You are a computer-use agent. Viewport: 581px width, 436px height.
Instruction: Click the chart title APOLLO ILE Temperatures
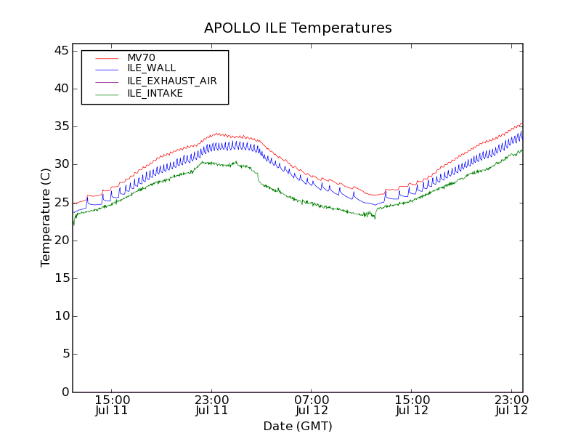298,28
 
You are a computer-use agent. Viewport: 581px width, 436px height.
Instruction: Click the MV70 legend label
141,57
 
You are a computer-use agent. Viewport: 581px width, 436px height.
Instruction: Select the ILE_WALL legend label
151,68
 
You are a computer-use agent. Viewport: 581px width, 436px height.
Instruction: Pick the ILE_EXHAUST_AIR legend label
172,81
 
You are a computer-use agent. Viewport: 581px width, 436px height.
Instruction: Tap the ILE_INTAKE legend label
155,93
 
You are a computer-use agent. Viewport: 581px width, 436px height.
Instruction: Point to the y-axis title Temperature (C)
46,217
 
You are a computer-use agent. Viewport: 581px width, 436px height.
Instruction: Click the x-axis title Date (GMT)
298,426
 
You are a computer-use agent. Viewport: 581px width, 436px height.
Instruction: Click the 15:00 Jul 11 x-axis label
111,405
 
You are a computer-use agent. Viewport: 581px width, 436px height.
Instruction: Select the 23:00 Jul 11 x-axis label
211,405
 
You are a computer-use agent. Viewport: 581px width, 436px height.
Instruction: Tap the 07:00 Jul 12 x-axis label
312,405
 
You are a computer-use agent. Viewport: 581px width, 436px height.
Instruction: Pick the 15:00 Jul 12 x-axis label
412,405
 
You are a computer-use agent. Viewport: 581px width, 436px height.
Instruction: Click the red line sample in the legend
107,57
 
